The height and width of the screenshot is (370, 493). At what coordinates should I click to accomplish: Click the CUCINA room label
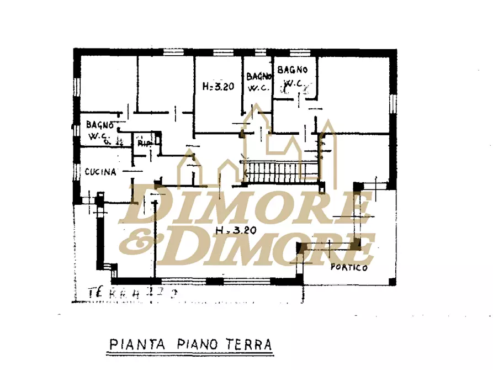coord(100,172)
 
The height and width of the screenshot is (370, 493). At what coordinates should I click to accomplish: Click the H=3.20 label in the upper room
coord(218,86)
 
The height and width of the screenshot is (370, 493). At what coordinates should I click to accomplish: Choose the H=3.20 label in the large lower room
coord(236,231)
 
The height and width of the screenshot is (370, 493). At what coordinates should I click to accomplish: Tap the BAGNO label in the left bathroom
coord(100,125)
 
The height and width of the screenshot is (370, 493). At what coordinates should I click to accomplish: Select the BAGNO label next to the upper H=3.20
coord(258,77)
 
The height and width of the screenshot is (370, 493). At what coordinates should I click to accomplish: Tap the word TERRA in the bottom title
coord(250,345)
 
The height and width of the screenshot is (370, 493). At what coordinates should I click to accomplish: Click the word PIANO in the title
coord(193,345)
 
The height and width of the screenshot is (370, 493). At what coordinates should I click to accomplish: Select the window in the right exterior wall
coord(393,108)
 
